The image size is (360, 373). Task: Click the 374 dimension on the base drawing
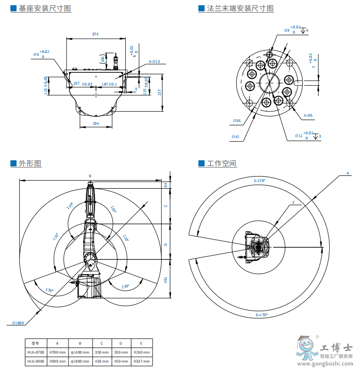click(x=95, y=34)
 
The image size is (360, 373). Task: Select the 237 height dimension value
click(x=160, y=92)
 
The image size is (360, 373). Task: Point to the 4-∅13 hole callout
click(x=154, y=61)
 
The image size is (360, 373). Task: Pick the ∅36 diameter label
click(x=237, y=121)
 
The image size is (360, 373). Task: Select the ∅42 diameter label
click(x=235, y=137)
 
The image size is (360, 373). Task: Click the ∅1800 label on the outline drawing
click(x=18, y=323)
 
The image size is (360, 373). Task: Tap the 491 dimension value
click(x=166, y=280)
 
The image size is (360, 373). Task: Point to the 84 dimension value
click(x=166, y=185)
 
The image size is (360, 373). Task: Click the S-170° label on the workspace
click(x=259, y=181)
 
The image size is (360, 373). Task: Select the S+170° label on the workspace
click(x=261, y=314)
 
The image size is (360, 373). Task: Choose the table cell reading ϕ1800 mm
click(x=80, y=362)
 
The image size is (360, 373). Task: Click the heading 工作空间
click(x=222, y=164)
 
